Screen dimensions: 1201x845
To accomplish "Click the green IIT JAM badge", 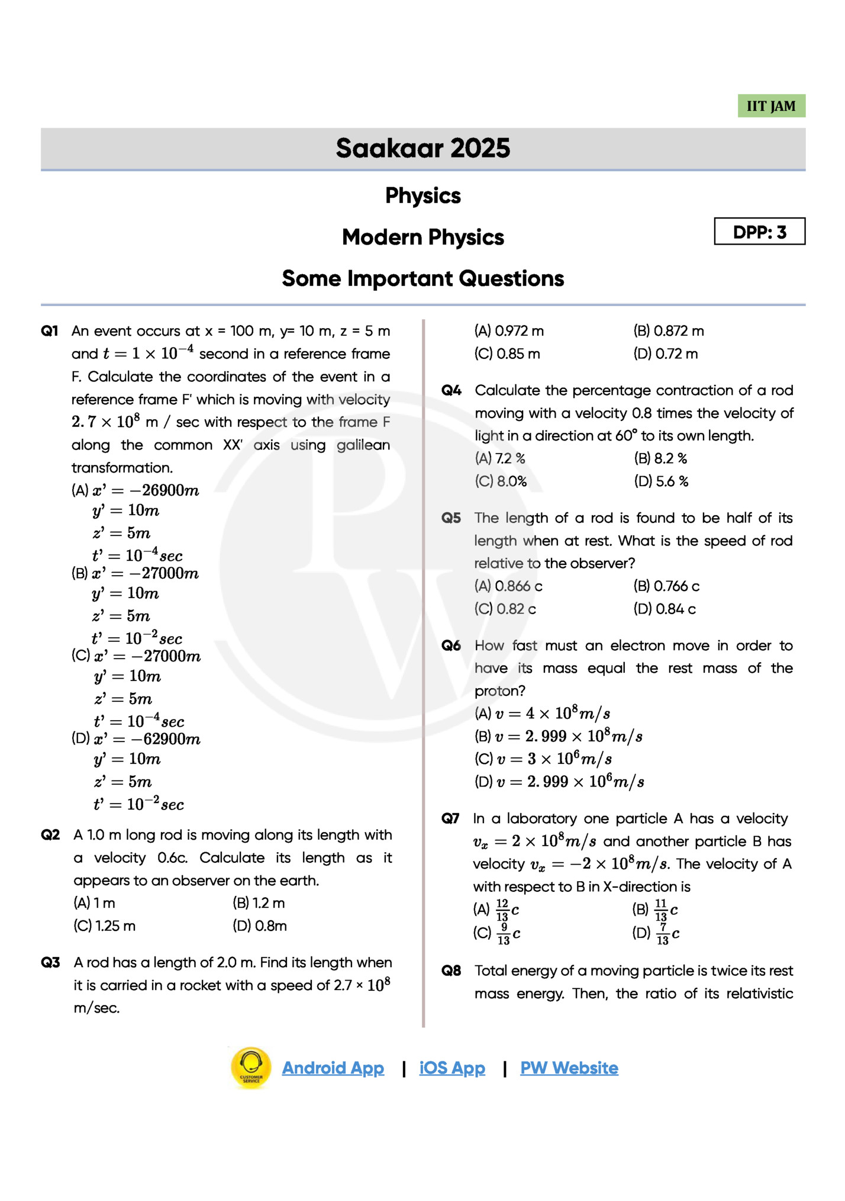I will click(x=770, y=106).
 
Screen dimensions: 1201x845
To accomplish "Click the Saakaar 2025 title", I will click(x=422, y=148).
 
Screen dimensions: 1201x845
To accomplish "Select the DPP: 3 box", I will click(x=759, y=232).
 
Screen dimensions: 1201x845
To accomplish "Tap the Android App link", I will click(x=333, y=1068).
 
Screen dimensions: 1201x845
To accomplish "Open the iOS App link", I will click(x=452, y=1068).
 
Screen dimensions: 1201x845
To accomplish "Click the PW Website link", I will click(x=569, y=1068).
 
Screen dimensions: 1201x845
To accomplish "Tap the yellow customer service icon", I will click(x=251, y=1067).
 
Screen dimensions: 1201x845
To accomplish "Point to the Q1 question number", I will click(x=50, y=331).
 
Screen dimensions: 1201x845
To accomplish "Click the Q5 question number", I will click(x=451, y=518).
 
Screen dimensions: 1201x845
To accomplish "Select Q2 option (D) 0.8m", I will click(x=260, y=926).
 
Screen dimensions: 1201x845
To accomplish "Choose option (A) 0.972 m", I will click(x=509, y=331).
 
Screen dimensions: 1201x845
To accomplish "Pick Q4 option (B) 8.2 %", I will click(x=660, y=458).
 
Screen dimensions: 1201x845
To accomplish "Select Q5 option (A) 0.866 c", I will click(x=508, y=586).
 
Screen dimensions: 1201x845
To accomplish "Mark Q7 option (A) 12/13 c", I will click(x=496, y=910).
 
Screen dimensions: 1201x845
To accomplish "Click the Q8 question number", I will click(x=451, y=971).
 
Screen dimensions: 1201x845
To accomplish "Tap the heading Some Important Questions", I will click(x=422, y=278).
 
